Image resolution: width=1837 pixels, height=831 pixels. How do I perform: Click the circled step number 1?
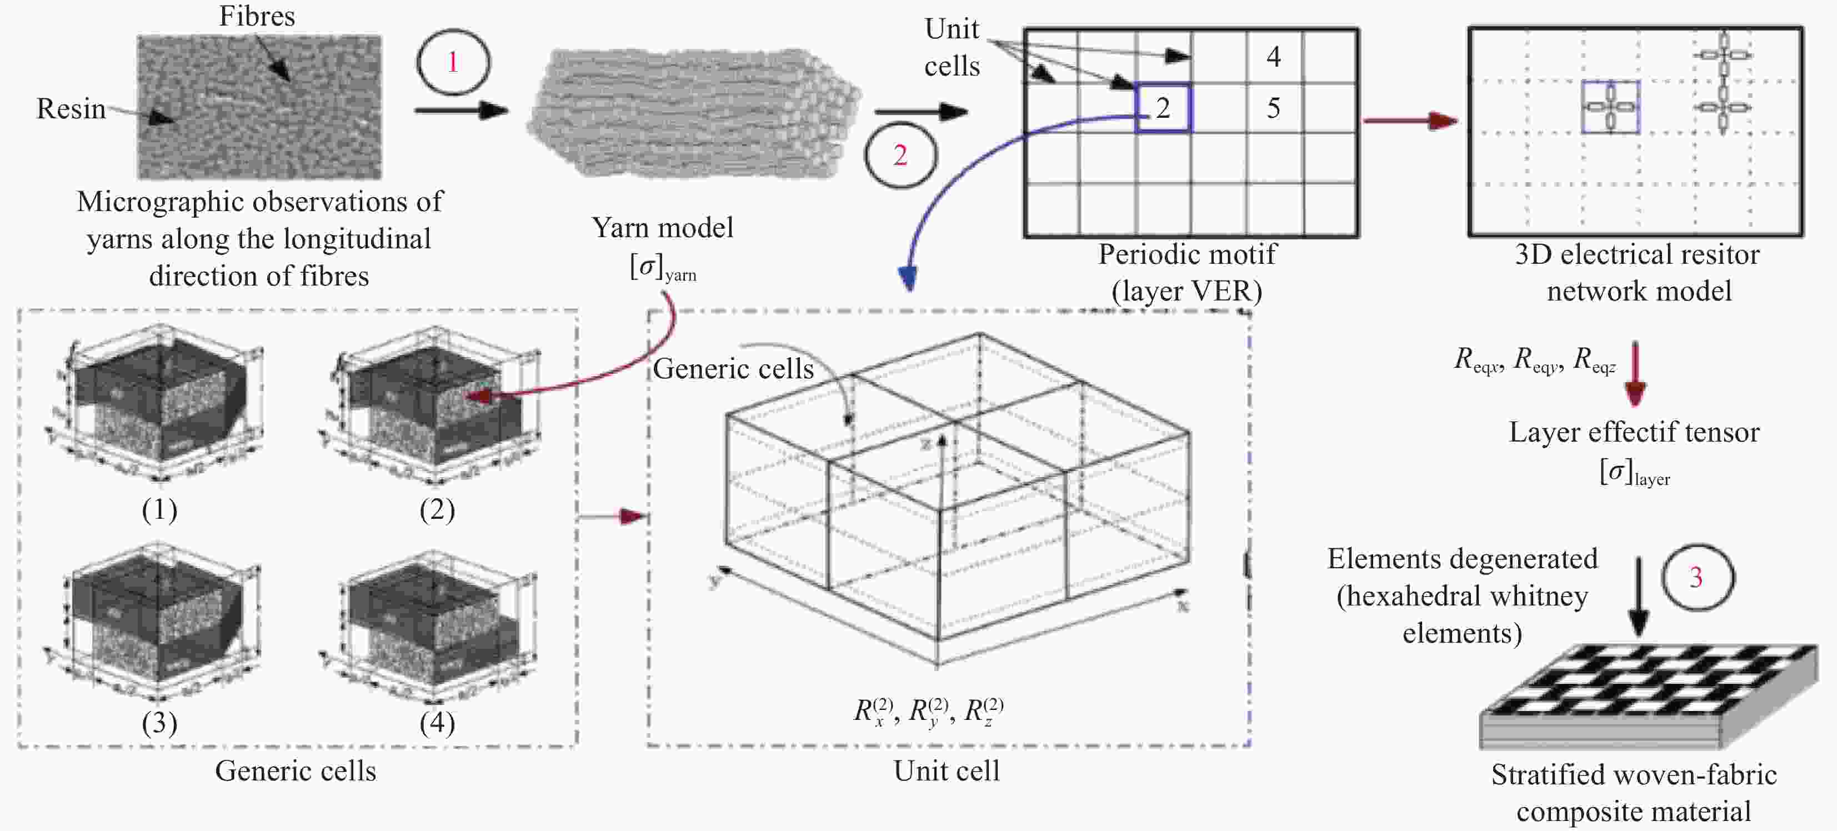click(x=453, y=62)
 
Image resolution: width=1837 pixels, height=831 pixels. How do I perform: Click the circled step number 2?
click(x=900, y=155)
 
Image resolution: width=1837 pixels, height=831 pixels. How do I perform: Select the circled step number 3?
click(x=1696, y=577)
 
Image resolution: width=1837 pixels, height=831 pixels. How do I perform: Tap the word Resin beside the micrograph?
click(x=71, y=108)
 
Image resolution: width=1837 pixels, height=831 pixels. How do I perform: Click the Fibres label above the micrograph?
click(x=257, y=16)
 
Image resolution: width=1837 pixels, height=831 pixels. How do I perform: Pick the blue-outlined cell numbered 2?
click(x=1163, y=108)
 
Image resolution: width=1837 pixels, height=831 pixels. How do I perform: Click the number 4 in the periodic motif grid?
click(x=1274, y=56)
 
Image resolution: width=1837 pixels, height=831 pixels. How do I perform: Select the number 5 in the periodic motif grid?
click(x=1274, y=108)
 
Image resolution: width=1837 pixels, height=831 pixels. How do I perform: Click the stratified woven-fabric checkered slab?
click(x=1648, y=695)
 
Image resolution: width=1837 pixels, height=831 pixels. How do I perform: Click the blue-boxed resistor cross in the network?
click(x=1610, y=107)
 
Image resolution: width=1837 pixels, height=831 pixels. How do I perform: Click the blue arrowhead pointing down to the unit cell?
click(x=908, y=278)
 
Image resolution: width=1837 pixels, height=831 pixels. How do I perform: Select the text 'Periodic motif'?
click(x=1187, y=254)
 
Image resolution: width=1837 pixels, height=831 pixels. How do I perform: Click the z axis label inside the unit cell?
click(x=925, y=444)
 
